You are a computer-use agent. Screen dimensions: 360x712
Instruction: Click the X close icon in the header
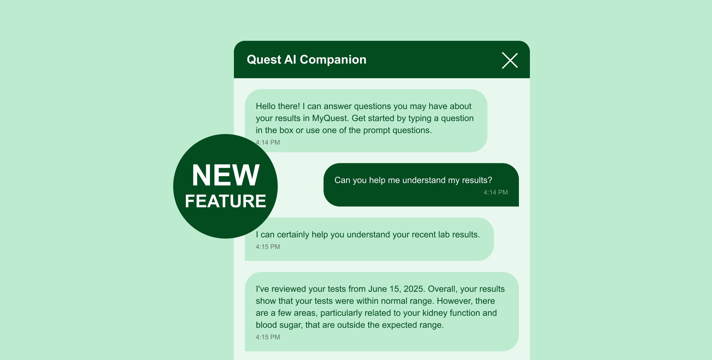(x=510, y=60)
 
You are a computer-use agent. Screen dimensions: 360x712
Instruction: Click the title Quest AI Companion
(x=306, y=60)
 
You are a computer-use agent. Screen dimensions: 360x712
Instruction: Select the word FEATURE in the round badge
(x=225, y=201)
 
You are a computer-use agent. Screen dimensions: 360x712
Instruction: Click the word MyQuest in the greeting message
(x=330, y=118)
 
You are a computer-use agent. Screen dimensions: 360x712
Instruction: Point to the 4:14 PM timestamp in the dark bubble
(x=496, y=192)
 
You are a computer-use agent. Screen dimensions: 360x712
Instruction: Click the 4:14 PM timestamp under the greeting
(x=268, y=142)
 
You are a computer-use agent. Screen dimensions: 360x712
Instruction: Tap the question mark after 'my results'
(x=490, y=180)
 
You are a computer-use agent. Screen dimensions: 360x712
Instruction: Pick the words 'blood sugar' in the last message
(x=278, y=325)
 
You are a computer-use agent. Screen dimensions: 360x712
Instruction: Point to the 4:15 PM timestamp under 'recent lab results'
(x=268, y=247)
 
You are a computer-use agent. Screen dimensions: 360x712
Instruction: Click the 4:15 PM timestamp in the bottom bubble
(x=268, y=337)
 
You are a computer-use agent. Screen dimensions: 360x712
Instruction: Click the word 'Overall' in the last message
(x=442, y=289)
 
